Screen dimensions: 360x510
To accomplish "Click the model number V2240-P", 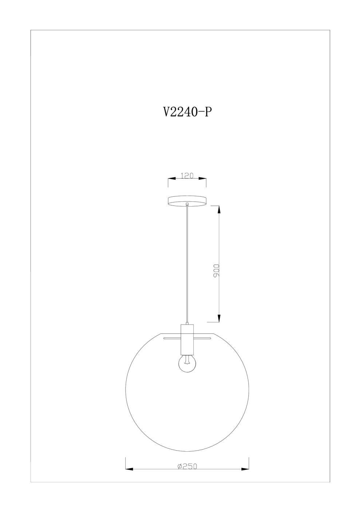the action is click(x=187, y=112).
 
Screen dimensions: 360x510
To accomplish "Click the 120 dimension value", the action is click(x=187, y=176).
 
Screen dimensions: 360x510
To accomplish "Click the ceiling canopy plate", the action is click(x=187, y=200).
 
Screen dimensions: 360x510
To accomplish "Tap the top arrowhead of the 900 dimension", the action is click(x=219, y=209).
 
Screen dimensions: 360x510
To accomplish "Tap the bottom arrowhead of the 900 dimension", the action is click(x=219, y=318).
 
